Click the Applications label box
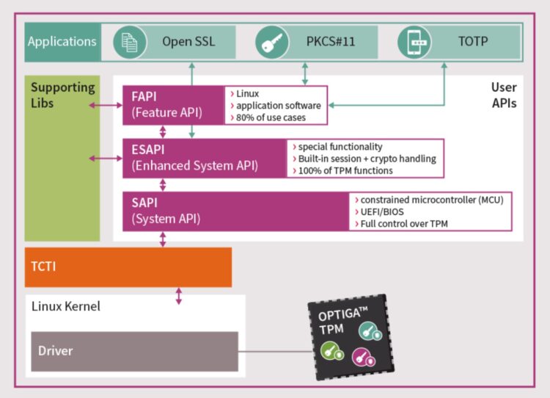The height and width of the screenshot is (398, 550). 62,42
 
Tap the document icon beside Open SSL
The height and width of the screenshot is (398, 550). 130,42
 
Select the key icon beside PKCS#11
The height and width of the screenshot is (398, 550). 272,42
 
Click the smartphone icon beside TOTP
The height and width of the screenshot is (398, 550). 414,42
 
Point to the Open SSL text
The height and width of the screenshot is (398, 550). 188,42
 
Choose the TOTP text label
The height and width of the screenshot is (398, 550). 472,42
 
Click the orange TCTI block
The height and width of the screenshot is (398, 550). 128,267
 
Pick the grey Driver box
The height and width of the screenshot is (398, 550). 134,351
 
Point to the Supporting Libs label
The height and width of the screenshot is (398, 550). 62,94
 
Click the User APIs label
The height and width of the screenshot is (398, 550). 503,95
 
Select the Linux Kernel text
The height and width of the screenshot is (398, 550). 66,305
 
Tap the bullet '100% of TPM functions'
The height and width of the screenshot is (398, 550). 344,170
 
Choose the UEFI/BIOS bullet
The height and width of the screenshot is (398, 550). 381,211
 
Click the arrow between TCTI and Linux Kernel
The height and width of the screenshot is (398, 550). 178,296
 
